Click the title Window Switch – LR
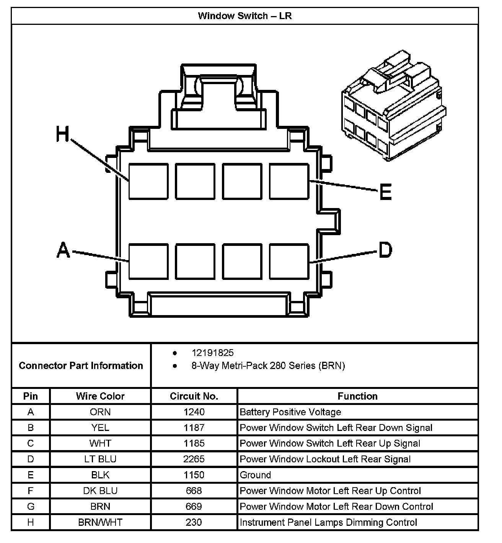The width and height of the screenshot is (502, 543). [245, 16]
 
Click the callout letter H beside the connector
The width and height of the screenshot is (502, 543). [63, 135]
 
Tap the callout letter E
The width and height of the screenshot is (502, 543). [385, 192]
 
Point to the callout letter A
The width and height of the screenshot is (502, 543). [64, 250]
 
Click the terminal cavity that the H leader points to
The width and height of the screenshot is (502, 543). [148, 181]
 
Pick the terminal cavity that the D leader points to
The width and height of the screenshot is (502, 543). [289, 261]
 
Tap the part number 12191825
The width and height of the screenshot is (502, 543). [213, 353]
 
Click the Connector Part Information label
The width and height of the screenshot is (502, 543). [81, 366]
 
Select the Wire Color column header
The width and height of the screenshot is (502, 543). [100, 396]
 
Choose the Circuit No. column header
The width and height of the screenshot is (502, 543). [194, 396]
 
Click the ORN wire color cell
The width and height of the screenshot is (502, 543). [100, 412]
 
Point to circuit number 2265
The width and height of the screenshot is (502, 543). [194, 459]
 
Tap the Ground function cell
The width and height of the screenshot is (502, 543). [256, 475]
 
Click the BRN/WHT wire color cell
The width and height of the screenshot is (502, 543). [100, 522]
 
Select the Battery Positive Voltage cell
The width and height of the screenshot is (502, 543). [290, 412]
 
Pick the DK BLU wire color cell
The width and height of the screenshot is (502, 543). [100, 491]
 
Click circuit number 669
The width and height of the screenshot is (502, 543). [194, 507]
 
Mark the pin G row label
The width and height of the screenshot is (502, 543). [31, 507]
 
